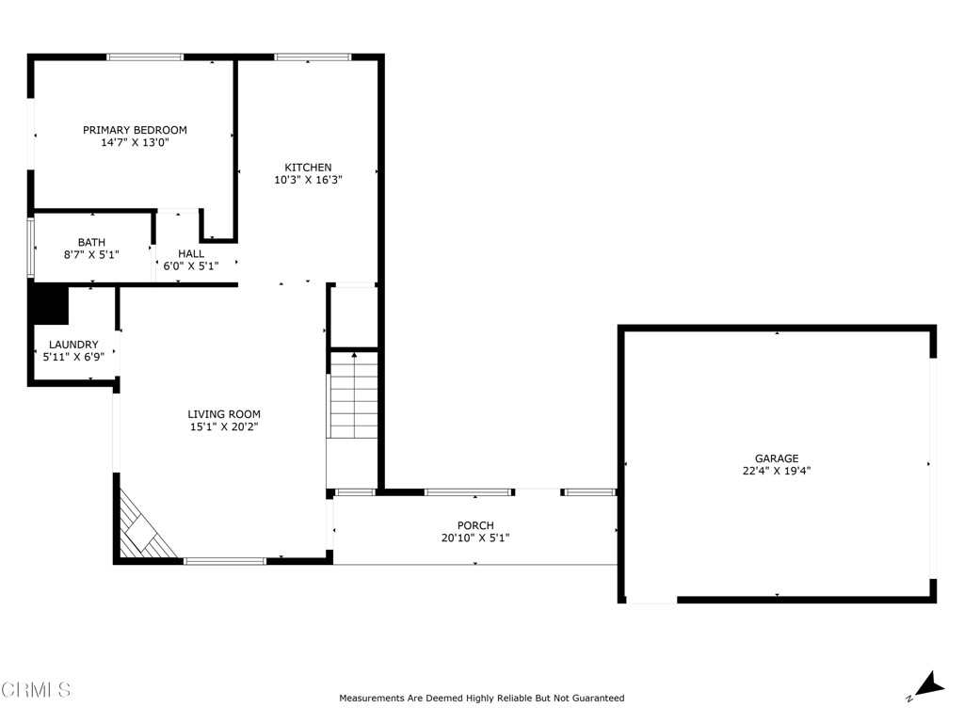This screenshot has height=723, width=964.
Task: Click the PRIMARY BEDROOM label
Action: [135, 130]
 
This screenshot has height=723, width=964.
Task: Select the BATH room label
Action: [91, 242]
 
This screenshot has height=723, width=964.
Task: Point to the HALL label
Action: [191, 253]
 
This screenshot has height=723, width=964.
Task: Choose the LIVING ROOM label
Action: [224, 414]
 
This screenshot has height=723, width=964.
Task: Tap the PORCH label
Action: [475, 525]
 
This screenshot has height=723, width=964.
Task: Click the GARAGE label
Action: [776, 458]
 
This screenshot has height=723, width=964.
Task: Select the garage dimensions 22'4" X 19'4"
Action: [776, 471]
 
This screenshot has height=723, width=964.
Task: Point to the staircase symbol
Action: [353, 394]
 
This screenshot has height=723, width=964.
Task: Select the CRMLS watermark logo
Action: [36, 690]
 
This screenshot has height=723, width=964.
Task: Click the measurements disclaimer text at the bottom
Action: [481, 699]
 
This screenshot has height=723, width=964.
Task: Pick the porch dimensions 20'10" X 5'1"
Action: [475, 538]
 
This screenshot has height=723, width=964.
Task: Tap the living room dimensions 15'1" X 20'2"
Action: [224, 426]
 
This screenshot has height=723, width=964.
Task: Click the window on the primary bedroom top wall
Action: [145, 57]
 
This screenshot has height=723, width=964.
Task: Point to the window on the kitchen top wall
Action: [313, 57]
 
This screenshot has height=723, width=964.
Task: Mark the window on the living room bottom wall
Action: [225, 561]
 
